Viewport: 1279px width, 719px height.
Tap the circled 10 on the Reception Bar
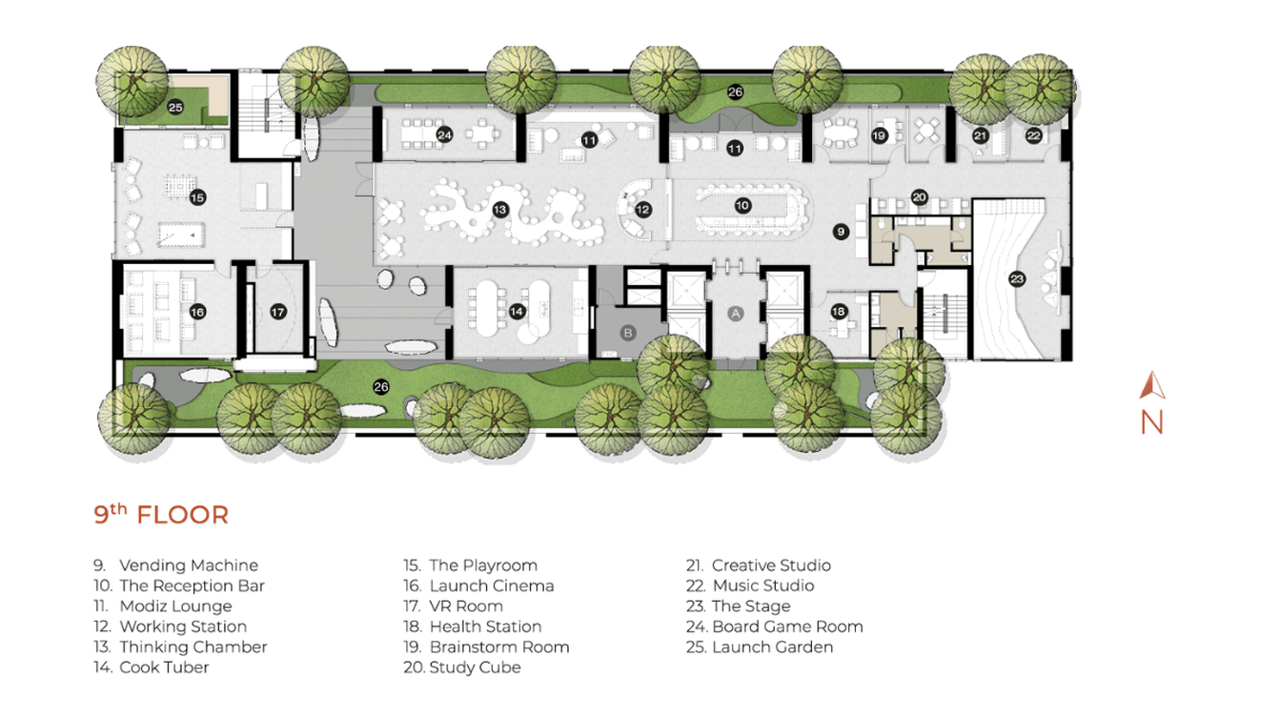[742, 206]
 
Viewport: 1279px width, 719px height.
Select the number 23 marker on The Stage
[1017, 279]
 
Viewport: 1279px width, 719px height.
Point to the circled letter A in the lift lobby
[735, 313]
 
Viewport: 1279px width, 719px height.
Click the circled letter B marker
[628, 333]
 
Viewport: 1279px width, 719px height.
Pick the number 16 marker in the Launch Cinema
[197, 312]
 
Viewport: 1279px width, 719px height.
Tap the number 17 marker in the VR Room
[277, 312]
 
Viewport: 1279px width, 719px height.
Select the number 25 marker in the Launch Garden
[175, 108]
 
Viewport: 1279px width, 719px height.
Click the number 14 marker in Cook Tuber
[518, 311]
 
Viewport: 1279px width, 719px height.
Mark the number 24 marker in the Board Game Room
[444, 135]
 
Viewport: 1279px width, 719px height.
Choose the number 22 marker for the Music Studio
[1034, 136]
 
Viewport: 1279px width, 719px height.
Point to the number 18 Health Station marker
[839, 311]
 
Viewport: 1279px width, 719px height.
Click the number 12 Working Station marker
[643, 209]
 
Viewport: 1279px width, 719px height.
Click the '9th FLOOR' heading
[161, 515]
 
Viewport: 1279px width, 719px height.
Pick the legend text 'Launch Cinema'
[491, 585]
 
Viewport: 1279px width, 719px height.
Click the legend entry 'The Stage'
[751, 606]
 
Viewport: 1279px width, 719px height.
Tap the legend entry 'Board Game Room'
[787, 627]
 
